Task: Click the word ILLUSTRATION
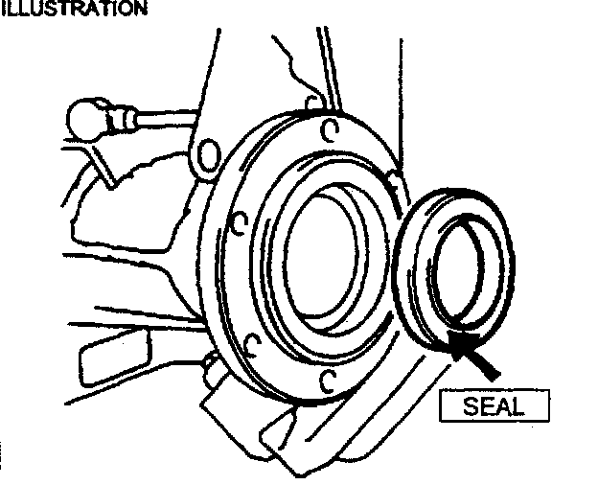pos(75,9)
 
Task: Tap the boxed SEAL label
pos(494,405)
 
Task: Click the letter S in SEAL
pos(471,405)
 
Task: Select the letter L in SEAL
pos(518,405)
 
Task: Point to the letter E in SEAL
pos(487,405)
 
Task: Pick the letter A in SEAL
pos(503,405)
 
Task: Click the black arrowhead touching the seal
pos(465,345)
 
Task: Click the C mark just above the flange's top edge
pos(310,101)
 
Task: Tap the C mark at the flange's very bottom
pos(327,381)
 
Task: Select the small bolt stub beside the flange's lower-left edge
pos(210,365)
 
